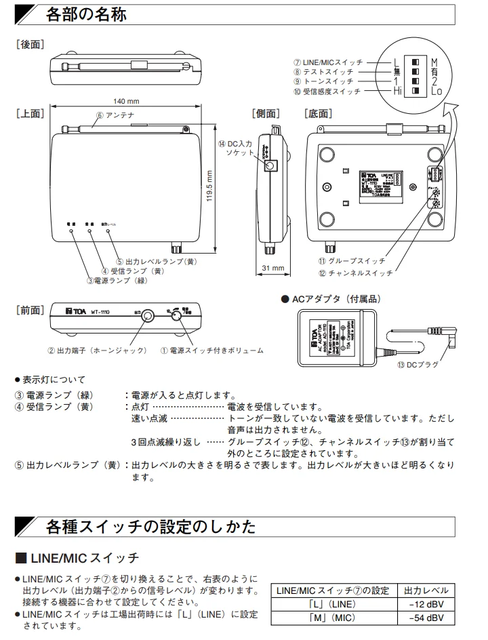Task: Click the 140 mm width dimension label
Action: [126, 101]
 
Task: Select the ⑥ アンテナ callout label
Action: [119, 115]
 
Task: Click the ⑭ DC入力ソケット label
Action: [235, 148]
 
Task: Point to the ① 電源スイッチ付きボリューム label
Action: [211, 351]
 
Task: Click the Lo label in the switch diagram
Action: [436, 90]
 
